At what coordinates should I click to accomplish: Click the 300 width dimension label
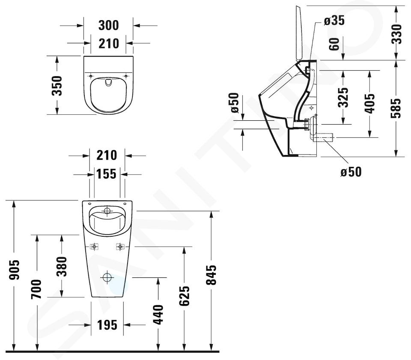tap(108, 25)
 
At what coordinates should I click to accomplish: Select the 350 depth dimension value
tap(57, 86)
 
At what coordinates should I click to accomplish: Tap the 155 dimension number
tap(106, 174)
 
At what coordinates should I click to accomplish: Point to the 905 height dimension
tap(15, 270)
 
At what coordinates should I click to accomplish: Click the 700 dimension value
tap(36, 289)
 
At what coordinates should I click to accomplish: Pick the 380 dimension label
tap(62, 266)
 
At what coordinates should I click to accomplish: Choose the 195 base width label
tap(107, 325)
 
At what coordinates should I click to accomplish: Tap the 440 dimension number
tap(158, 314)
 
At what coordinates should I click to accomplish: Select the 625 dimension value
tap(184, 296)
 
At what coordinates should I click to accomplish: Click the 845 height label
tap(211, 275)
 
